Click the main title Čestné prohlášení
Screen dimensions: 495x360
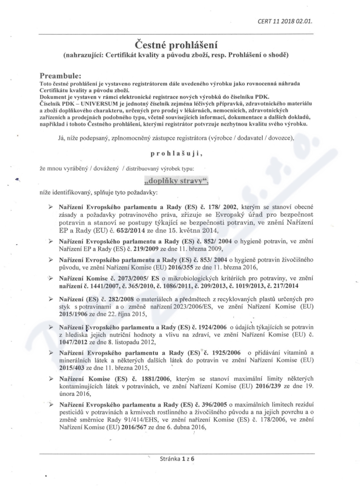[x=180, y=45]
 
